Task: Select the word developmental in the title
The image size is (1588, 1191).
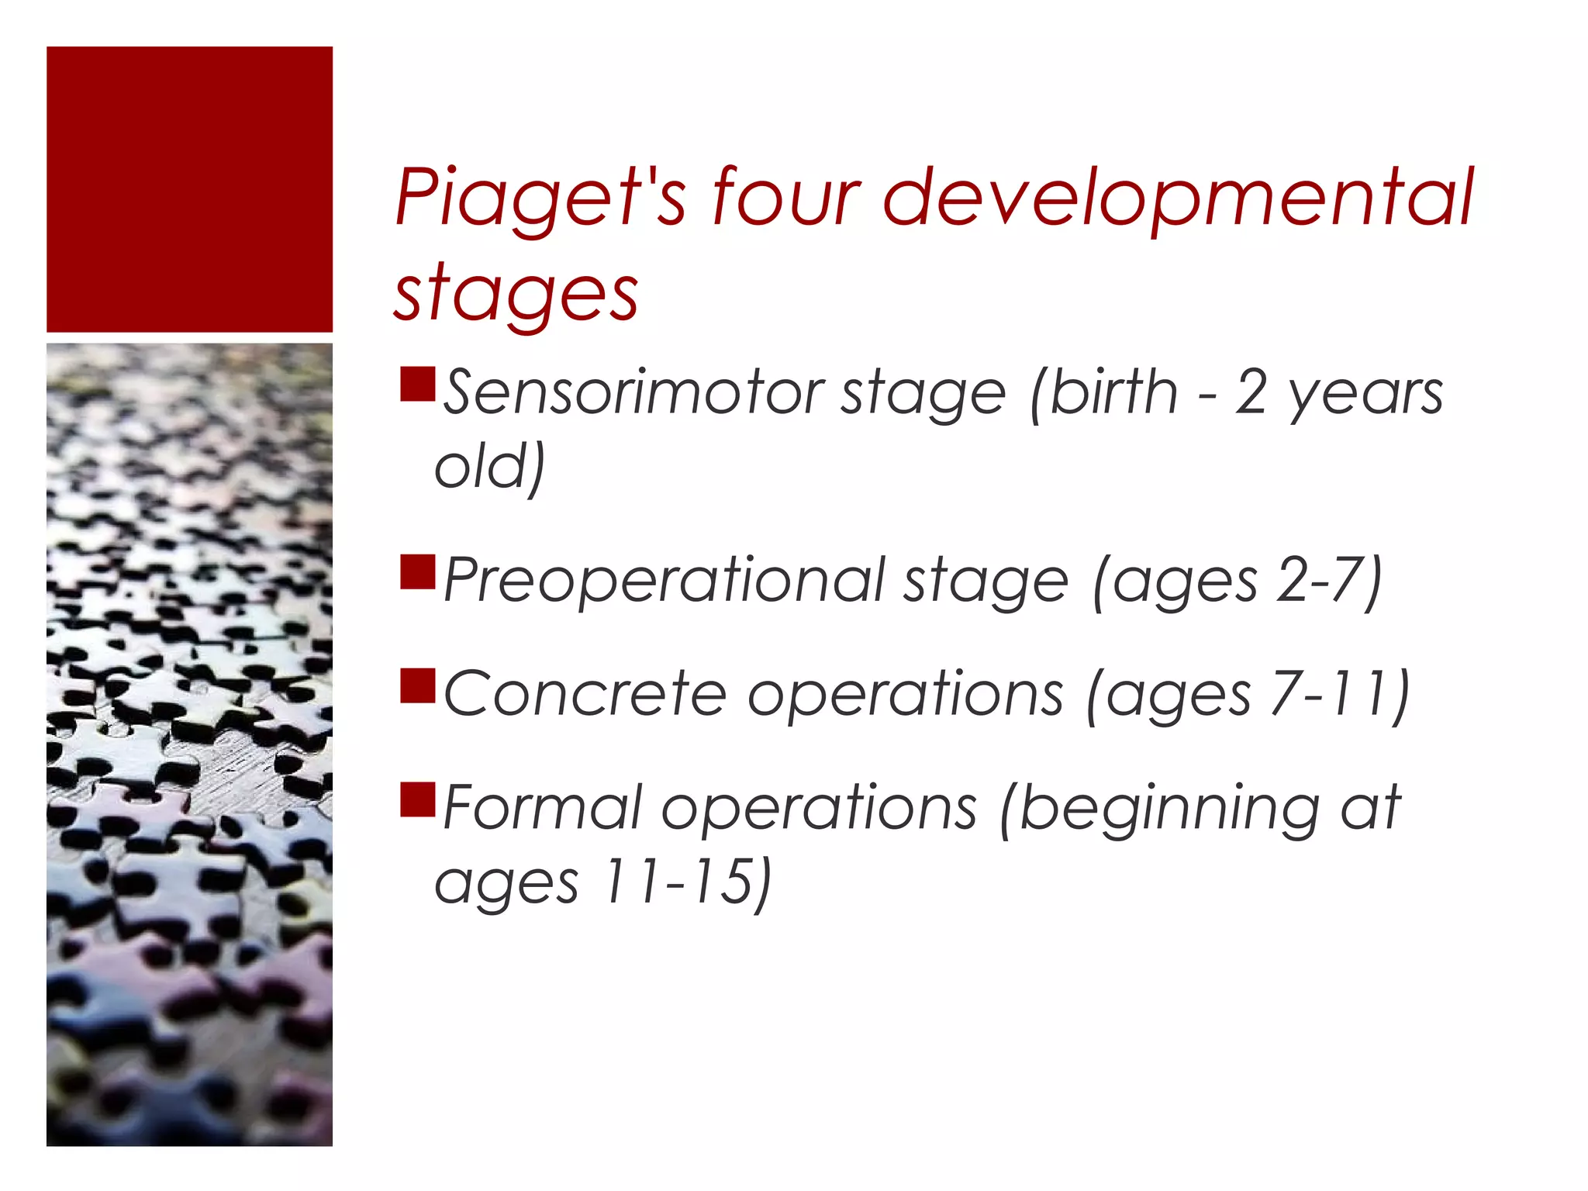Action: (x=1178, y=198)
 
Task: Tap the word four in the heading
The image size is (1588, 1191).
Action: (x=785, y=198)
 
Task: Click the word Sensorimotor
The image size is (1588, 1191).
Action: (x=633, y=392)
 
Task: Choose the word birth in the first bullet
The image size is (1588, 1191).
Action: (x=1113, y=392)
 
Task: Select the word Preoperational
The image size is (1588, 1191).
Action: (x=664, y=581)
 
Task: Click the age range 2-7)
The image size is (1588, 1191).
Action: (x=1329, y=581)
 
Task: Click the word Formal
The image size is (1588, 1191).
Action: (x=543, y=808)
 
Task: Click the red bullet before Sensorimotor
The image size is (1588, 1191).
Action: (x=417, y=385)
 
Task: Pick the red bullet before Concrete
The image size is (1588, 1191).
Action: (x=417, y=685)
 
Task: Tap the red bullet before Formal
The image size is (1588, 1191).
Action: (x=417, y=800)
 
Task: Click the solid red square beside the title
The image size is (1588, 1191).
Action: (x=189, y=189)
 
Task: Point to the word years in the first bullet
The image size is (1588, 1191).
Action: (x=1365, y=394)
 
